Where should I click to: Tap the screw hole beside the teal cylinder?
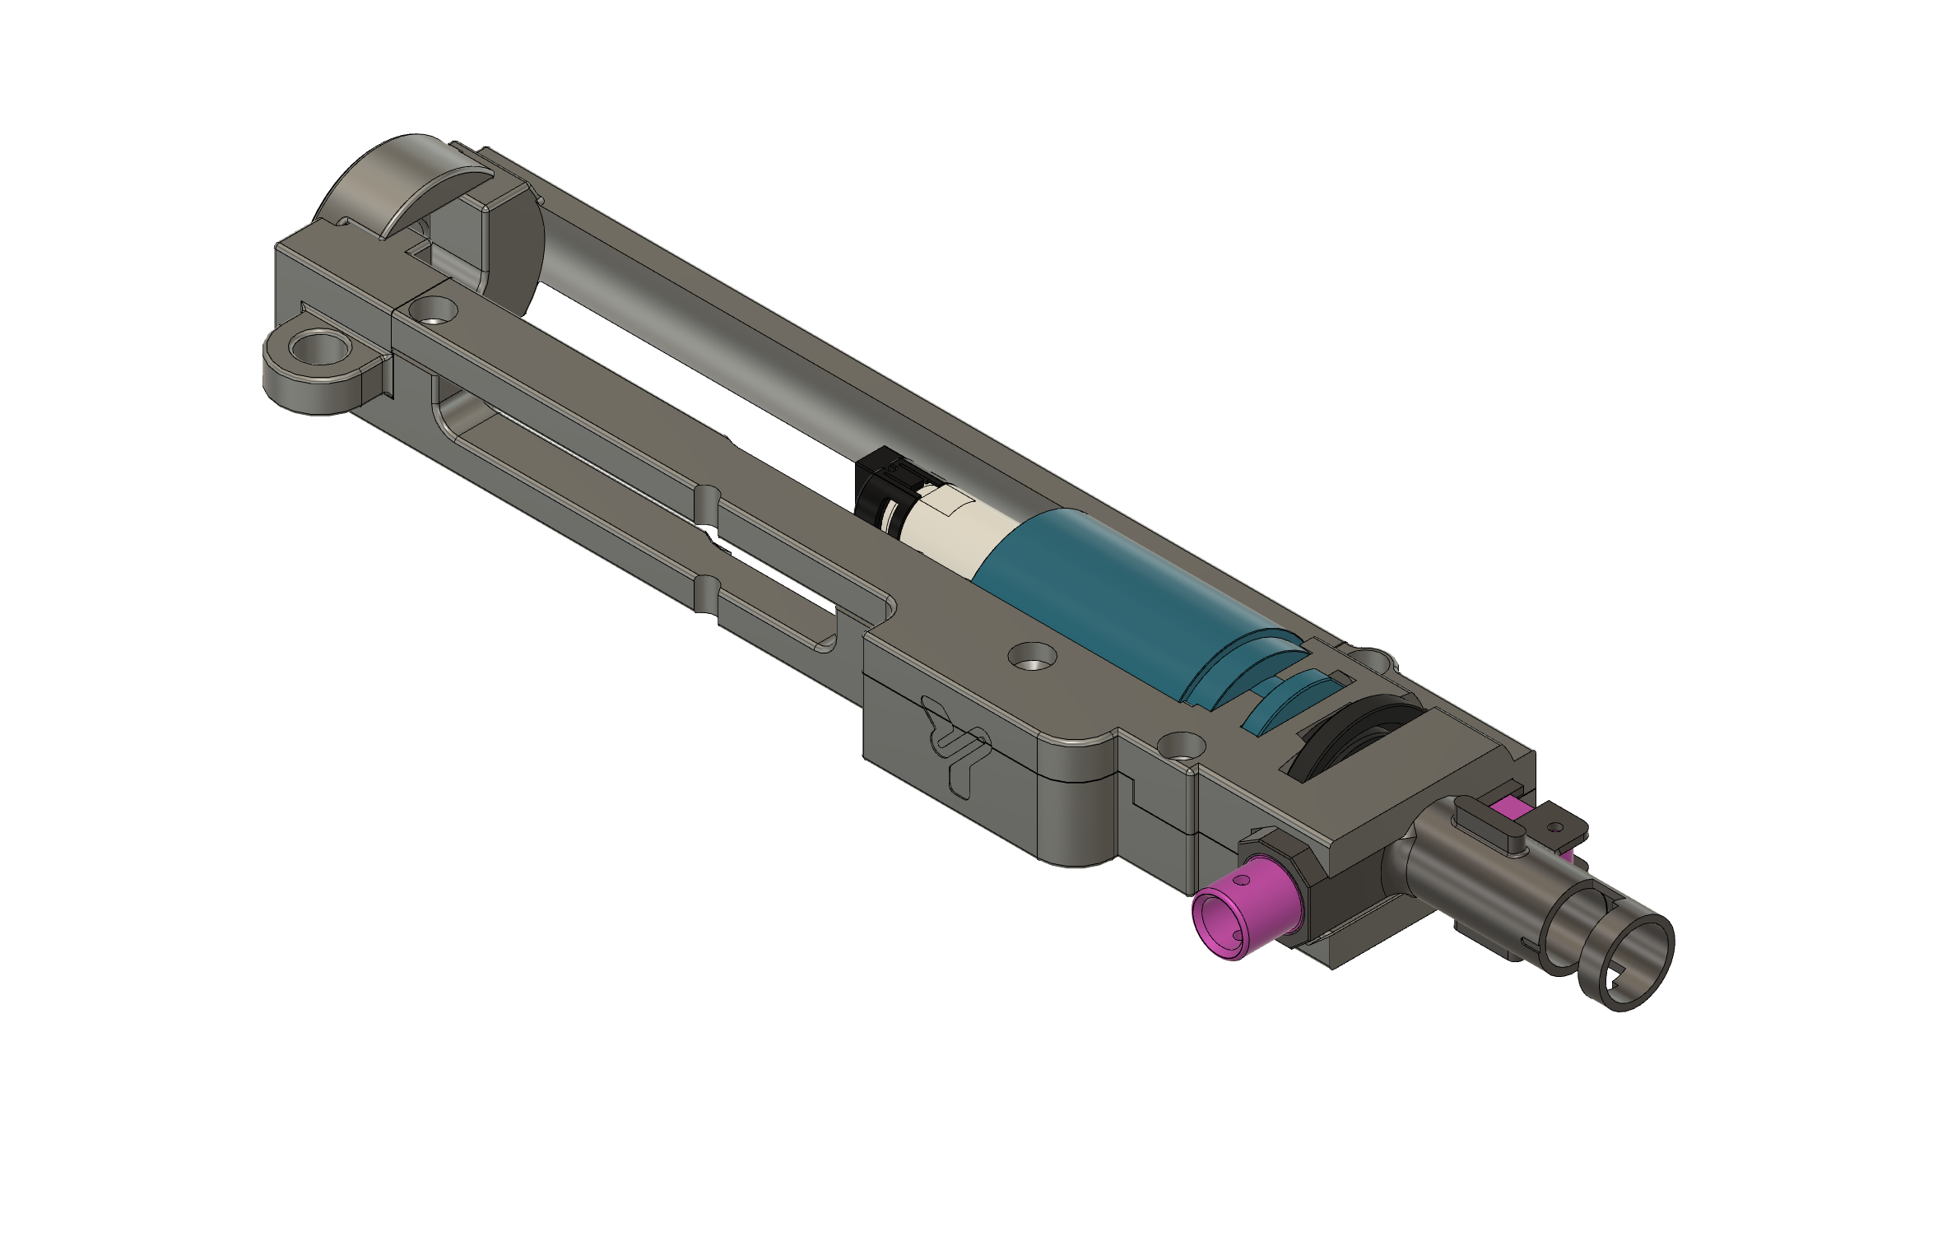tap(1032, 656)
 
